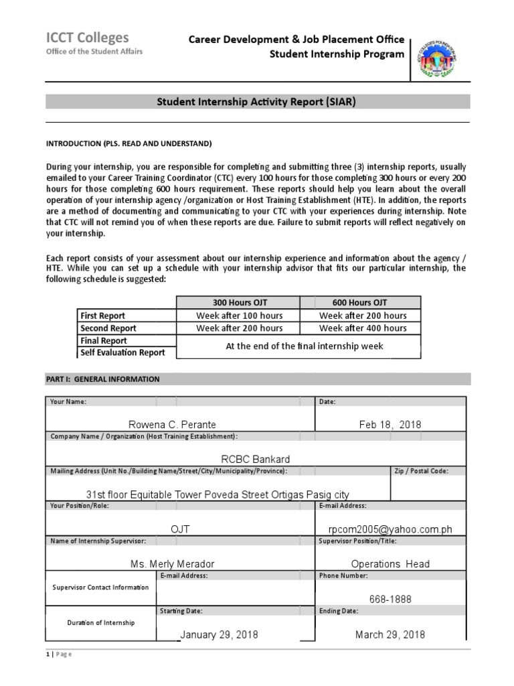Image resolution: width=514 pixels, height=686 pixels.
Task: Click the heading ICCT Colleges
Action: click(x=87, y=38)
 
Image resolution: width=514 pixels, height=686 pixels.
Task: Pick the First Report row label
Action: click(x=102, y=316)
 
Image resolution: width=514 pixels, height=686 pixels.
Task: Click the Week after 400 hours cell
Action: click(x=363, y=328)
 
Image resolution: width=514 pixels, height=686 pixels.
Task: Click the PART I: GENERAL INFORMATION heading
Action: click(x=102, y=379)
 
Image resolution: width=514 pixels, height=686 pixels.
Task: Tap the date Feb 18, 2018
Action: click(x=390, y=425)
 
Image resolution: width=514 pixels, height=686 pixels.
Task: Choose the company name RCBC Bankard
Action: click(x=256, y=459)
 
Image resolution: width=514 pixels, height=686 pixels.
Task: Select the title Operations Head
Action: click(x=390, y=564)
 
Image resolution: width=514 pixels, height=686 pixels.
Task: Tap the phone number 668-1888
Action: click(x=390, y=599)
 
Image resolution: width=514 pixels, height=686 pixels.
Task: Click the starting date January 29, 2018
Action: click(x=219, y=634)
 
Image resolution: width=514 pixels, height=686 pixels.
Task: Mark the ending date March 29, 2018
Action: click(x=390, y=634)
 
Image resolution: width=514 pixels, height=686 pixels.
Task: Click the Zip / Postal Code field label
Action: click(x=421, y=471)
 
